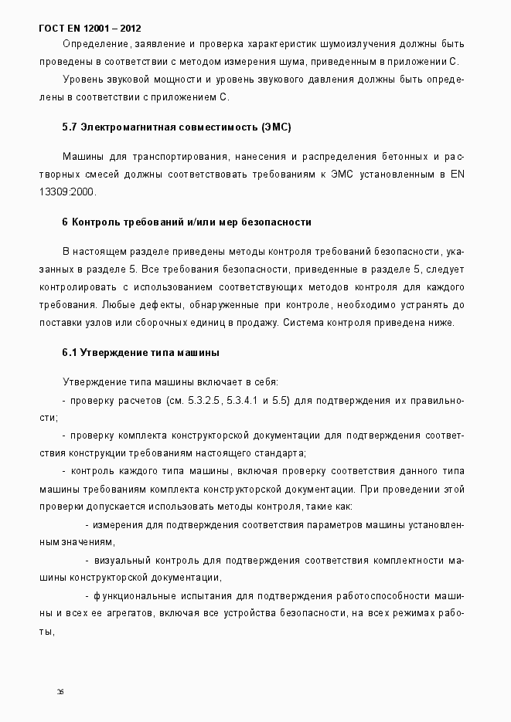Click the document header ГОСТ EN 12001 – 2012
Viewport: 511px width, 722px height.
pos(90,29)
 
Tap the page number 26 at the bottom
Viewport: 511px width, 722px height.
pos(60,691)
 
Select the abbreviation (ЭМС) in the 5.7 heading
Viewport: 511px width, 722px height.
pos(276,127)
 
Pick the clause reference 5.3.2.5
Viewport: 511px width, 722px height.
pos(202,401)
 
